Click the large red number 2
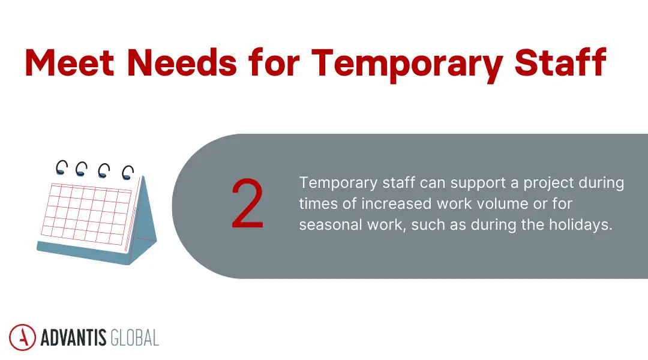(x=247, y=204)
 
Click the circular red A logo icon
(x=22, y=337)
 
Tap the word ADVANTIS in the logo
(x=74, y=338)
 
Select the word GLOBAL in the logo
(x=135, y=338)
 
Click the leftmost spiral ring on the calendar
(x=61, y=167)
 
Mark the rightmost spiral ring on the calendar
(x=127, y=173)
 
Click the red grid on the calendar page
(x=90, y=213)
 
